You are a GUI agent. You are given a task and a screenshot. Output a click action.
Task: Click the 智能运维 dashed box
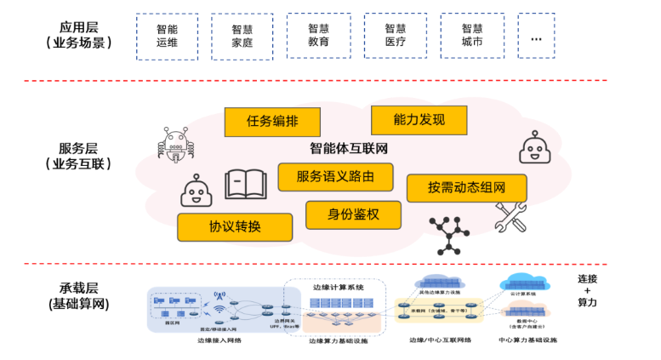tap(167, 36)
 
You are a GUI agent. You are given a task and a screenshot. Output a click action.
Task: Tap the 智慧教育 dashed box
tap(319, 35)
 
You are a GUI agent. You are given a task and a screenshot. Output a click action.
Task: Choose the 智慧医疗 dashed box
tap(396, 35)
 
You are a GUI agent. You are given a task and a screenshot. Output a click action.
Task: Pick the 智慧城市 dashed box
tap(472, 35)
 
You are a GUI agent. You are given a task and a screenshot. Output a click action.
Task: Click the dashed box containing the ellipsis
tap(536, 35)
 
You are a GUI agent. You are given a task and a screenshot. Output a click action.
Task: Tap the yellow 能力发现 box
tap(419, 119)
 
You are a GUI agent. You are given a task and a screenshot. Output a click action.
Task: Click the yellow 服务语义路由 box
tap(338, 177)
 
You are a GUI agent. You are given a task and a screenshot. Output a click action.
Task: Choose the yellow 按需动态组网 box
tap(466, 188)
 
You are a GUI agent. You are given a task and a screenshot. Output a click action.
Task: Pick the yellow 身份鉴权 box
tap(353, 214)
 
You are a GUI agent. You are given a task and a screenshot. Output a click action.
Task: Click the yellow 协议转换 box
tap(235, 227)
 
